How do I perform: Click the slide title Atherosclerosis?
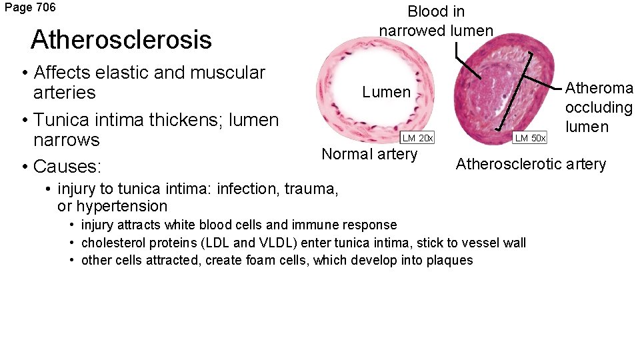coord(121,39)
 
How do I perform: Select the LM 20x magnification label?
coord(417,138)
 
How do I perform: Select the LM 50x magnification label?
coord(530,138)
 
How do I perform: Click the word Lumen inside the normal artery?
coord(387,93)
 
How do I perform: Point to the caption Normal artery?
coord(369,154)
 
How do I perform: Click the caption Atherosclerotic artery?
coord(531,164)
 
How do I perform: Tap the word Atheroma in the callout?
coord(599,88)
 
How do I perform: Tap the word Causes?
coord(66,165)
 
